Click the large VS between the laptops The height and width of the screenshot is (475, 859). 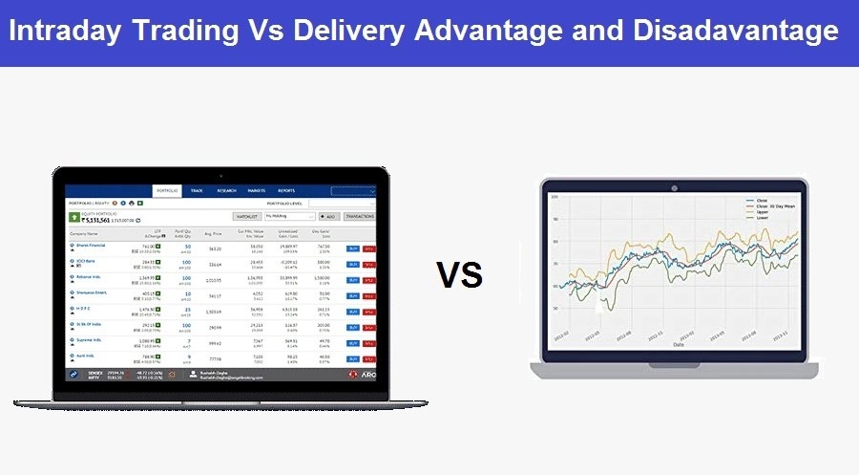pyautogui.click(x=459, y=275)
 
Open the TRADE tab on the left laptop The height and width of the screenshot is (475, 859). pyautogui.click(x=197, y=191)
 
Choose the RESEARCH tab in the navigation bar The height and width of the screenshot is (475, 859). pyautogui.click(x=226, y=191)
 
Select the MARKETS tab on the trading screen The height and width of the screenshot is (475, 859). pyautogui.click(x=256, y=191)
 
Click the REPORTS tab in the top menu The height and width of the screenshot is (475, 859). pyautogui.click(x=286, y=191)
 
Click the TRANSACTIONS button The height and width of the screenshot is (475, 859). pyautogui.click(x=360, y=217)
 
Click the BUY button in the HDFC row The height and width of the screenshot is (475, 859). pyautogui.click(x=353, y=313)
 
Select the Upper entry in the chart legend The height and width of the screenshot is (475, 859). pyautogui.click(x=763, y=211)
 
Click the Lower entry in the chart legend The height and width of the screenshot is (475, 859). pyautogui.click(x=763, y=217)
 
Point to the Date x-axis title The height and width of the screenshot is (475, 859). pyautogui.click(x=678, y=344)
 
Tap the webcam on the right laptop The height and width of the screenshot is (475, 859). pyautogui.click(x=674, y=185)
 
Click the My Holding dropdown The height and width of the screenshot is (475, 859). pyautogui.click(x=289, y=217)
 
